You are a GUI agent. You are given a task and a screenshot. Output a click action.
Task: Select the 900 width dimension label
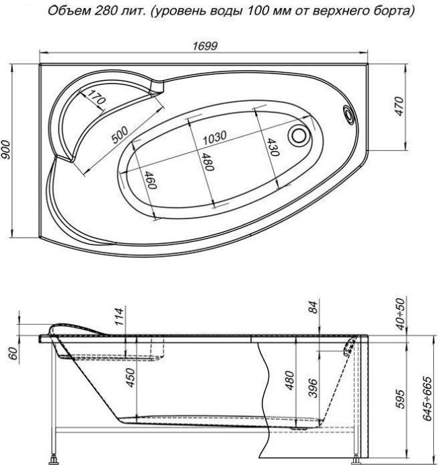click(x=7, y=150)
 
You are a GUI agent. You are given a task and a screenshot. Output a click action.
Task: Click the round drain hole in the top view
click(x=298, y=135)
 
